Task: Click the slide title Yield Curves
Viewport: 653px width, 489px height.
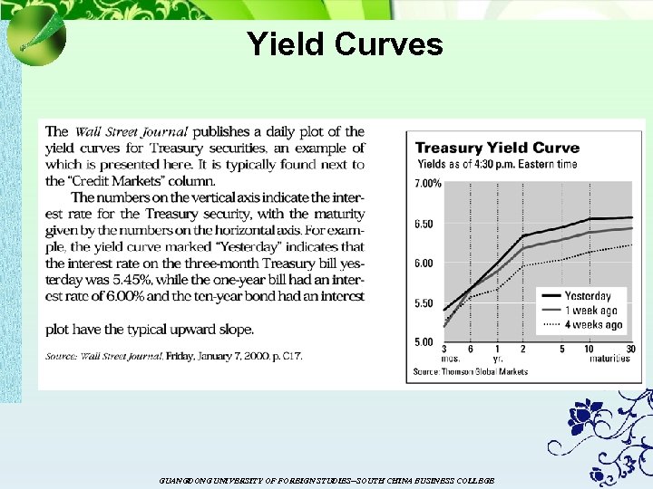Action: tap(345, 43)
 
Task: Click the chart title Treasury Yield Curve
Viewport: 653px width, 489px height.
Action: tap(497, 149)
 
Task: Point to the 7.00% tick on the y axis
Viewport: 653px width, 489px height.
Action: tap(429, 183)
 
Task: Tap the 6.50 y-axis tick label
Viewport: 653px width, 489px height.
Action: tap(424, 224)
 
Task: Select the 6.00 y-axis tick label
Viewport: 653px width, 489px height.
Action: tap(424, 264)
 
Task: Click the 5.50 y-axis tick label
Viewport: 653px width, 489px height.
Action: tap(424, 303)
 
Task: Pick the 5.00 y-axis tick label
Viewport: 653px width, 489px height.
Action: tap(424, 342)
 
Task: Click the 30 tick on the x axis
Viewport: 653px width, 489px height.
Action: tap(630, 350)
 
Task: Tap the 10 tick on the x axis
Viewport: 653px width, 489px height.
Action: tap(589, 350)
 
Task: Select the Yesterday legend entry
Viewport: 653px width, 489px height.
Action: tap(588, 296)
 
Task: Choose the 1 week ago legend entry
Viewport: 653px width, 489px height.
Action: tap(590, 311)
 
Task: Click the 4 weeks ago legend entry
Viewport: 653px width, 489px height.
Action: tap(592, 324)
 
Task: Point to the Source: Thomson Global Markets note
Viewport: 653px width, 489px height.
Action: tap(470, 371)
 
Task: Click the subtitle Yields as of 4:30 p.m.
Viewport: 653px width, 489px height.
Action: tap(497, 164)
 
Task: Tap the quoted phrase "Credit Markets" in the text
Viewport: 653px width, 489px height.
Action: tap(111, 181)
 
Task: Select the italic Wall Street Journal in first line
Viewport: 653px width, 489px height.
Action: tap(132, 132)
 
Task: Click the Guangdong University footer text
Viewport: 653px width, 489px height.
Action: tap(326, 480)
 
